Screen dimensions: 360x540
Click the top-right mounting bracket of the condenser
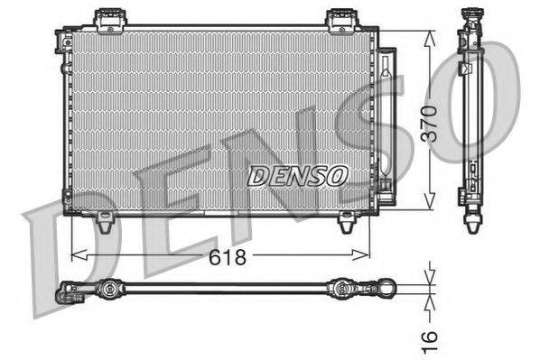click(340, 19)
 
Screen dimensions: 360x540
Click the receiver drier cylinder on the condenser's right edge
click(386, 117)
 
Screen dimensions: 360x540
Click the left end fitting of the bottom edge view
click(68, 291)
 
